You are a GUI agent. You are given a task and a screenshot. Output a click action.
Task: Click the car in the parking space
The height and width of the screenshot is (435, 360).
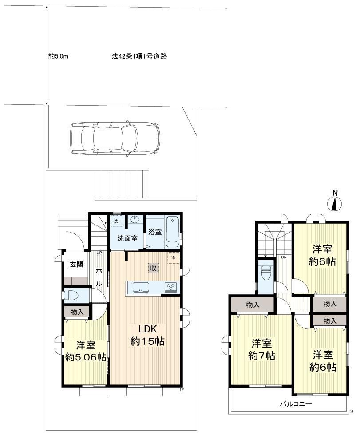pos(115,138)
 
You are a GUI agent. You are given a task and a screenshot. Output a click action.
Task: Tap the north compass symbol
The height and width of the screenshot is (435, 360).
pos(335,202)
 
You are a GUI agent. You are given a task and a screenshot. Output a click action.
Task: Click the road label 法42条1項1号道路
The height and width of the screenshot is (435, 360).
pos(139,56)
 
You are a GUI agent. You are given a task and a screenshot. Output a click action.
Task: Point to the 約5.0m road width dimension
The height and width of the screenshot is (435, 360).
pos(58,57)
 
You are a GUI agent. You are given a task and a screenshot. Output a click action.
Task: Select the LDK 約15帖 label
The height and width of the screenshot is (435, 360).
pos(147,335)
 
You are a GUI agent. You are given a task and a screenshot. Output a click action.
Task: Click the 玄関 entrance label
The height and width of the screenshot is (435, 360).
pos(76,264)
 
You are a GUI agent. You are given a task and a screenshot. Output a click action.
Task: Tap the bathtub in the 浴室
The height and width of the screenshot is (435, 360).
pos(172,232)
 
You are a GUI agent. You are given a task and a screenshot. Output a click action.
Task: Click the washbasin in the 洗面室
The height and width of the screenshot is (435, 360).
pos(135,219)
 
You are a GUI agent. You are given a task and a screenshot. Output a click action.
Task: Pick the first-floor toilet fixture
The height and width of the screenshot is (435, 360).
pos(71,295)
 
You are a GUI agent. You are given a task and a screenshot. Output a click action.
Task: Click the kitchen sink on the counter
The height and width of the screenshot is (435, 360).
pos(141,287)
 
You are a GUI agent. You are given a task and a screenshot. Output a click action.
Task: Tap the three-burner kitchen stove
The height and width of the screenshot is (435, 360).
pos(171,287)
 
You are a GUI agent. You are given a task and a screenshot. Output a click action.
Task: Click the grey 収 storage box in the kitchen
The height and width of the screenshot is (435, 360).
pos(154,268)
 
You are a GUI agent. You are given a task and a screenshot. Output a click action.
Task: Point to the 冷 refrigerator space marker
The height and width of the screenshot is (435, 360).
pos(174,258)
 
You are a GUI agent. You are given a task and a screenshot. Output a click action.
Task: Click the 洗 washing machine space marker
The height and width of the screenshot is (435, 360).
pos(116,221)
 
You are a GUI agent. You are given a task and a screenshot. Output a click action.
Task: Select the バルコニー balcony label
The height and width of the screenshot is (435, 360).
pos(295,403)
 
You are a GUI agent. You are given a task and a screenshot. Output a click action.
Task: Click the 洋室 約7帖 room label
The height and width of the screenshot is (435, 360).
pos(261,350)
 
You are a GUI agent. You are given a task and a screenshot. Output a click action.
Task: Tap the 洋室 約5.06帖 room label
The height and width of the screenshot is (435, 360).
pos(86,352)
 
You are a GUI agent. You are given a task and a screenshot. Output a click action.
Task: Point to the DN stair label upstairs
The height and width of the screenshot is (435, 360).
pos(284,257)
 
